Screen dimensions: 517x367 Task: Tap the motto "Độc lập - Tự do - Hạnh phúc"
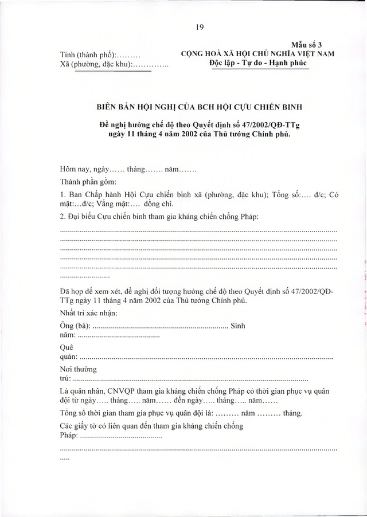258,63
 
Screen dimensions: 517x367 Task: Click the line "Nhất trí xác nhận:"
89,312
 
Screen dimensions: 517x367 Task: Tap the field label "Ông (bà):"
75,326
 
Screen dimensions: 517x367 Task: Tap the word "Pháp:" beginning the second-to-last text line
69,436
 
